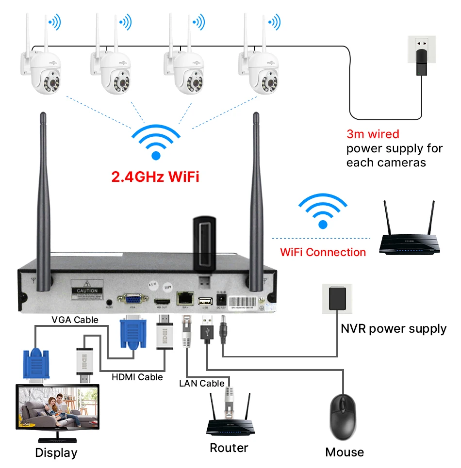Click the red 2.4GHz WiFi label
click(155, 176)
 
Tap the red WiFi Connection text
click(323, 252)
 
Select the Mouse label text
click(345, 452)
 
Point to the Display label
click(56, 453)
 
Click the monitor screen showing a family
click(57, 410)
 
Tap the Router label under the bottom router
click(229, 448)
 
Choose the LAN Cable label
click(202, 383)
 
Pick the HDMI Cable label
click(137, 377)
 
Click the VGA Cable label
click(75, 320)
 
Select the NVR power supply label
click(394, 329)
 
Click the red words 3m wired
click(373, 134)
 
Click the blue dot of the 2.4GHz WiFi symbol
click(155, 156)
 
